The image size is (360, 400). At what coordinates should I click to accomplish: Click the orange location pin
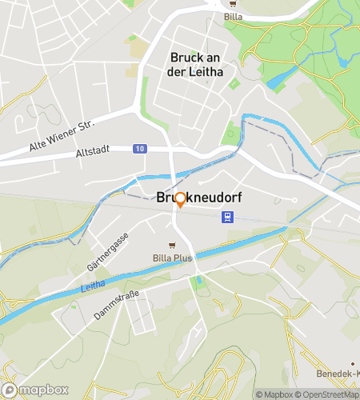pos(181,200)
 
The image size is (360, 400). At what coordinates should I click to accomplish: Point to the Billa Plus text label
pos(173,258)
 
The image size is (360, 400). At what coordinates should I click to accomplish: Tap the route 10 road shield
pos(140,149)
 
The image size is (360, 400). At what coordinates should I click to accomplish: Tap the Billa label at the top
pos(234,15)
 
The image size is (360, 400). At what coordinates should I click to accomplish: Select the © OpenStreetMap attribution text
pos(330,394)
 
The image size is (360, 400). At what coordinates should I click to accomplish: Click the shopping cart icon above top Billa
pos(234,3)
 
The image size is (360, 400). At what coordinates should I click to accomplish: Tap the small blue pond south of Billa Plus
pos(198,281)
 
